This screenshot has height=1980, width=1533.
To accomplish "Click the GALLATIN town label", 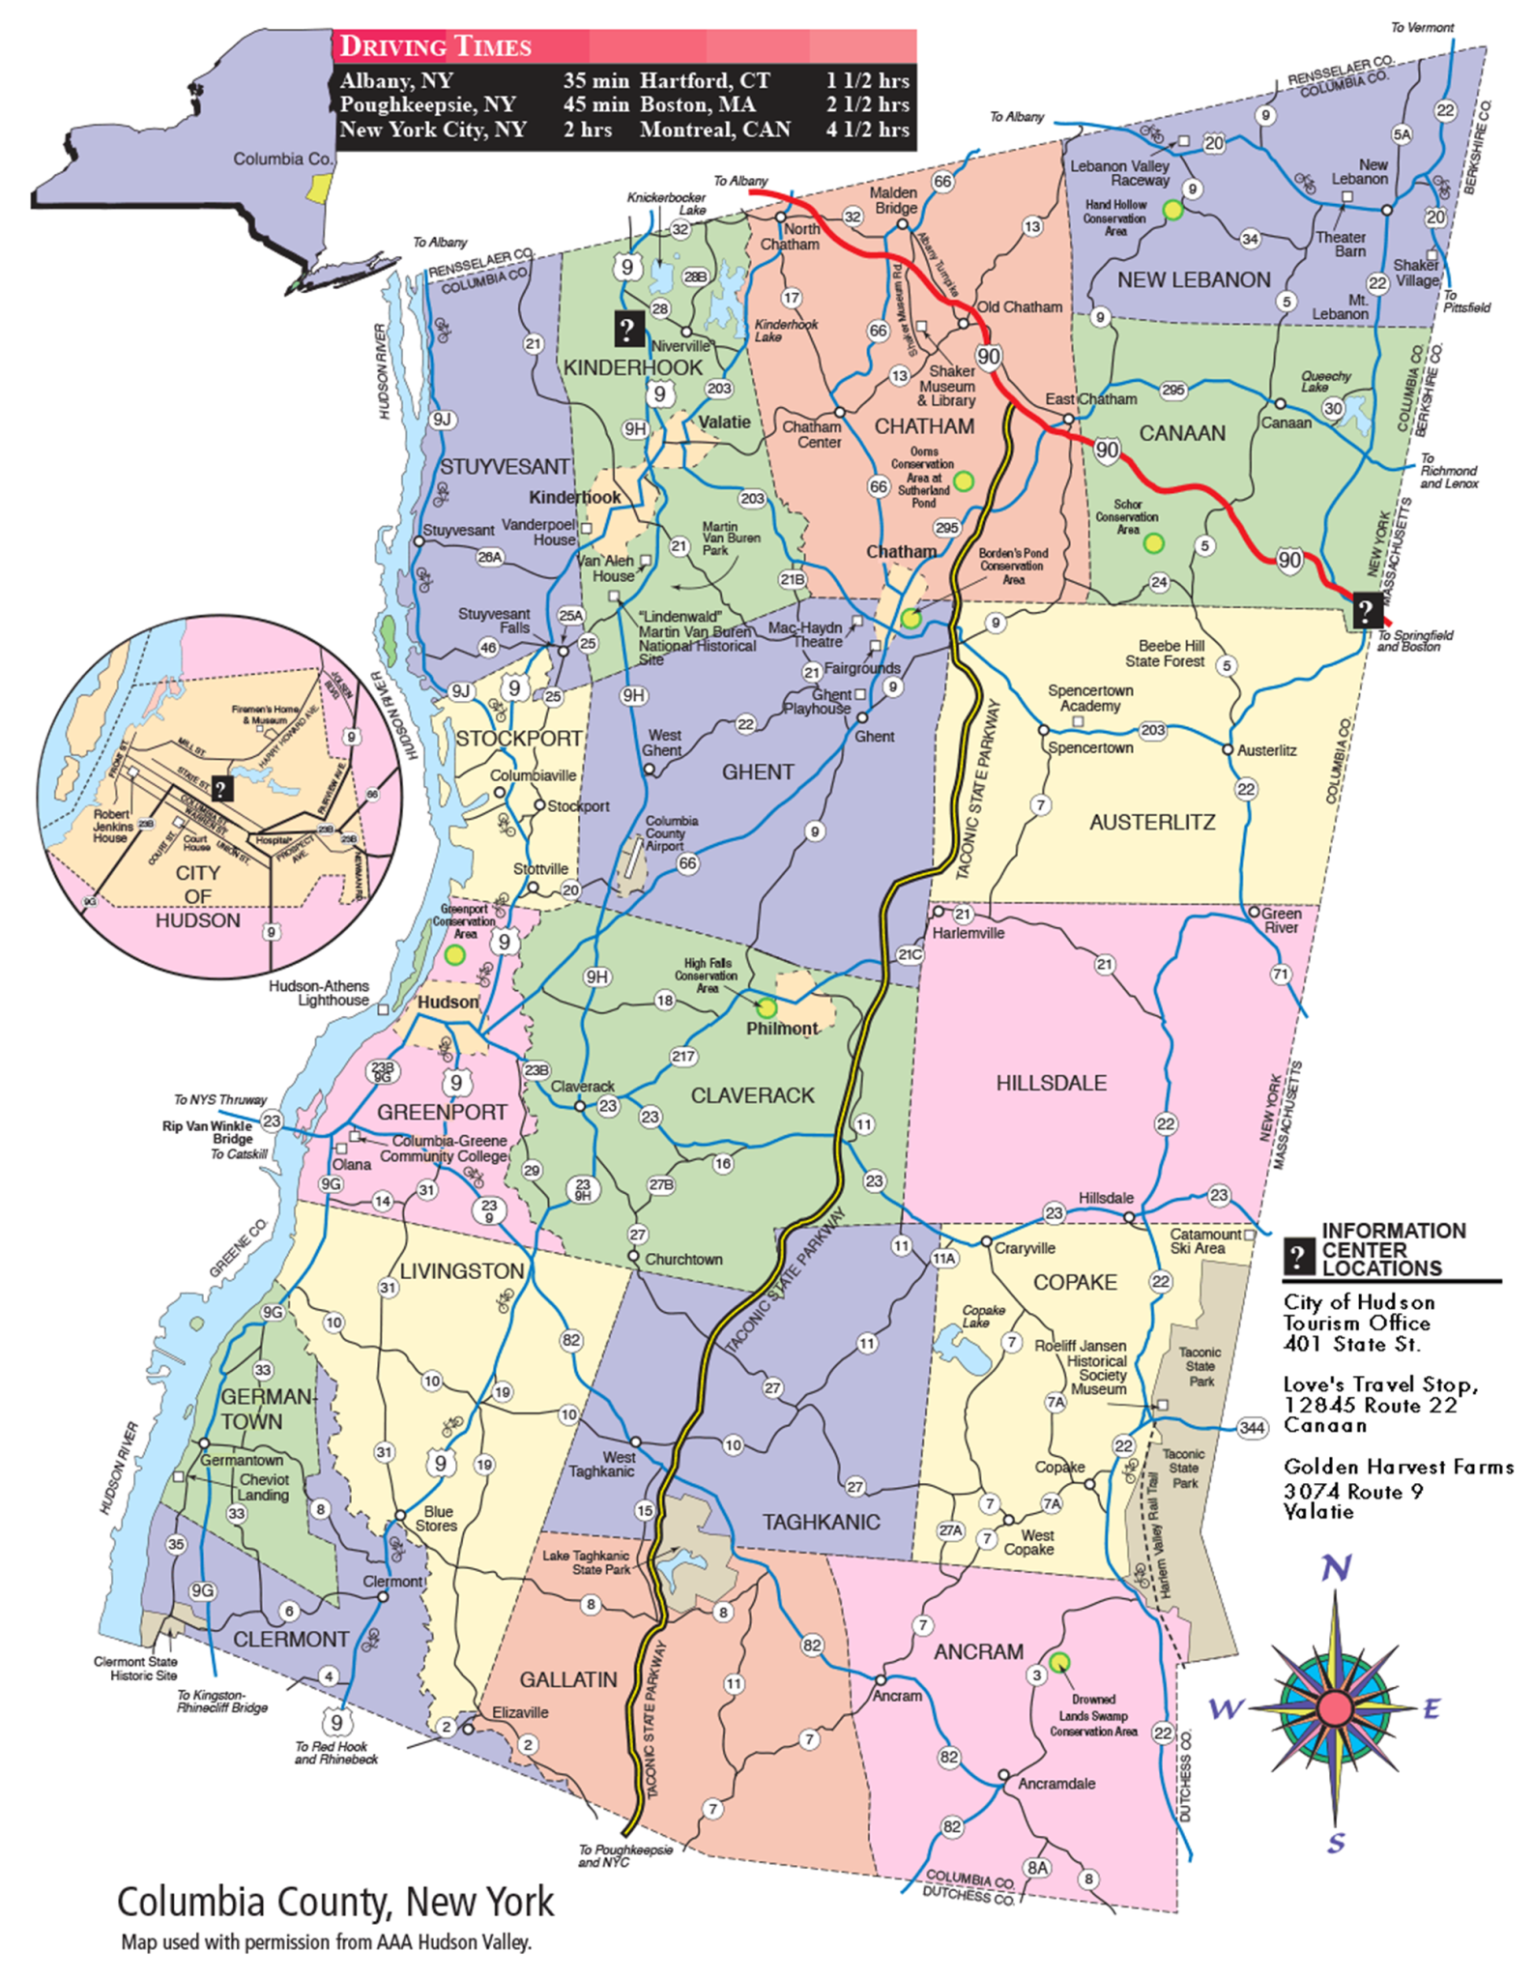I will (x=568, y=1679).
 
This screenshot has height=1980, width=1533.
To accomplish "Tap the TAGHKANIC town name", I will (x=821, y=1522).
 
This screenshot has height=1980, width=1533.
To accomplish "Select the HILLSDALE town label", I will (x=1051, y=1083).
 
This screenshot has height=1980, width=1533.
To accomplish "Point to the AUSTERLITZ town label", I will (x=1152, y=822).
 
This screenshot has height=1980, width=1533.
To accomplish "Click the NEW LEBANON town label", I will (x=1194, y=279).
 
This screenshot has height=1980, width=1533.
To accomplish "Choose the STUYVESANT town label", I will (x=505, y=466).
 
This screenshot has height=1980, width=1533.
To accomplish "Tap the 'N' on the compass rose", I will (x=1336, y=1567).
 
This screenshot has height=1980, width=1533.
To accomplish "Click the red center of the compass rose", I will (x=1335, y=1708).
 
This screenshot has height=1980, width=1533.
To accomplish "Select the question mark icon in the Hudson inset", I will (x=221, y=789).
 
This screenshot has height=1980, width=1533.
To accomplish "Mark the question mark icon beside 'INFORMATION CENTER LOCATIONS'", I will (x=1297, y=1256).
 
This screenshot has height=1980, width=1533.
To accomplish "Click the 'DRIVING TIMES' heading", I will (x=436, y=46).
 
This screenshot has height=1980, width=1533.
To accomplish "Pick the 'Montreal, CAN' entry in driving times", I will (x=714, y=130).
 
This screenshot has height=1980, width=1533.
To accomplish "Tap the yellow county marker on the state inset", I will (x=318, y=188).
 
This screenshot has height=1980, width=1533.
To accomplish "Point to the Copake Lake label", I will (x=983, y=1316).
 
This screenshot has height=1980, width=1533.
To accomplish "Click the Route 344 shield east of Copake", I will (x=1252, y=1427).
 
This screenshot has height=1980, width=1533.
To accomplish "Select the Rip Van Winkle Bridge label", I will (x=207, y=1132).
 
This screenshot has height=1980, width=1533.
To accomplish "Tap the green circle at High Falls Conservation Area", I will (x=766, y=1008).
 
